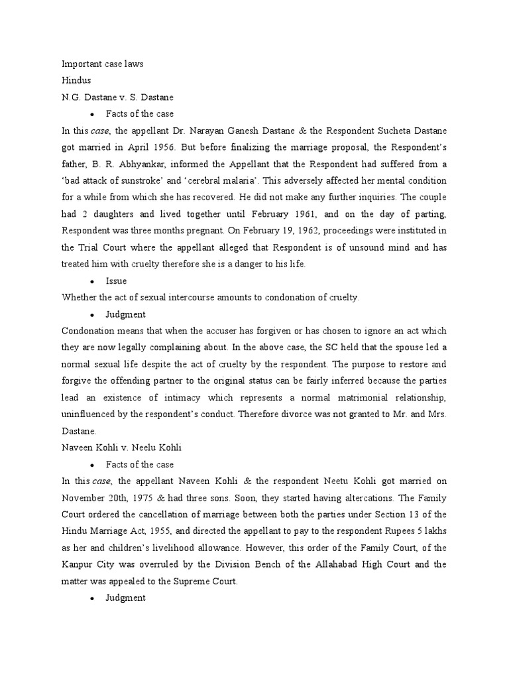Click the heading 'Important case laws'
pos(102,64)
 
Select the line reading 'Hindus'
pos(75,81)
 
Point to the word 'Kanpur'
pos(78,565)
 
